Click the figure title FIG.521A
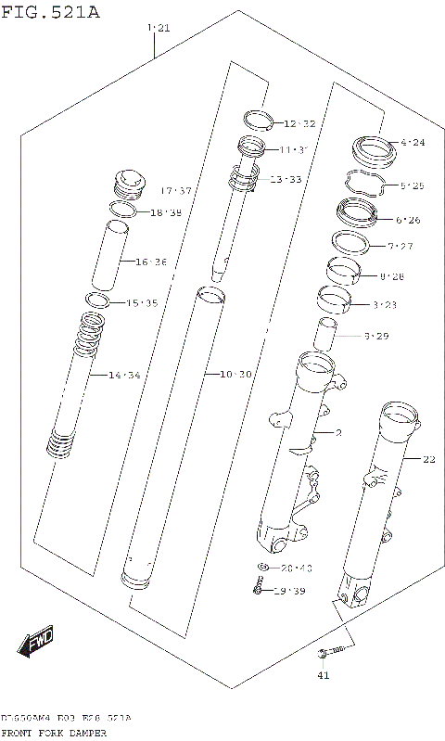pos(51,12)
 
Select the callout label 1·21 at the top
pos(159,29)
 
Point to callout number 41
pos(324,674)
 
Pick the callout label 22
pos(427,459)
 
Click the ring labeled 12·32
pos(258,119)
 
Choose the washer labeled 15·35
pos(97,300)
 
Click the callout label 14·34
pos(124,376)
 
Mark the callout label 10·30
pos(235,374)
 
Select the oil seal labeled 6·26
pos(358,213)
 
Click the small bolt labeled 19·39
pos(257,587)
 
